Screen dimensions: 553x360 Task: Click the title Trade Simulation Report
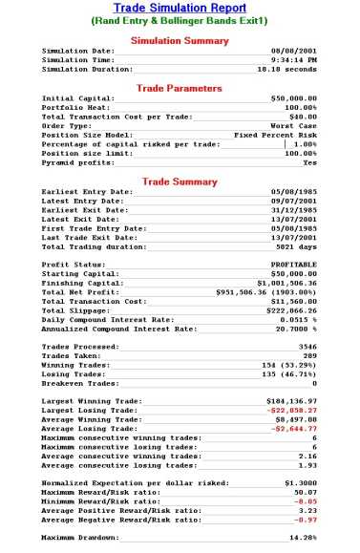click(180, 7)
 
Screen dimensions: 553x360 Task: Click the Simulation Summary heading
click(180, 41)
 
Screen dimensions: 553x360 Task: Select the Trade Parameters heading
click(180, 88)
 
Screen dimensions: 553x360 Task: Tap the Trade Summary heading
click(180, 181)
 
